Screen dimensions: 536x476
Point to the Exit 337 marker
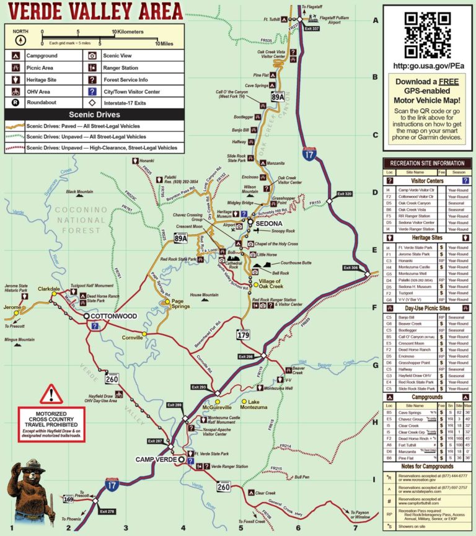(312, 29)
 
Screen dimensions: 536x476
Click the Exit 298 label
(246, 356)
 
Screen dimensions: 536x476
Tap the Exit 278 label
(107, 511)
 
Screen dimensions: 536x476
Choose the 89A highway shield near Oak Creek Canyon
(278, 96)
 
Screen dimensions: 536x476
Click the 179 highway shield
(242, 335)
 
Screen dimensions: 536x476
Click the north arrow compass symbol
(20, 39)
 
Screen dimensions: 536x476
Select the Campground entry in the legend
(43, 55)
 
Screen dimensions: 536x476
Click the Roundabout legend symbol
(15, 102)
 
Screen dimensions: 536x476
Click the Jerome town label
(12, 307)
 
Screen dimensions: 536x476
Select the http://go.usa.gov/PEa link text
(429, 64)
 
